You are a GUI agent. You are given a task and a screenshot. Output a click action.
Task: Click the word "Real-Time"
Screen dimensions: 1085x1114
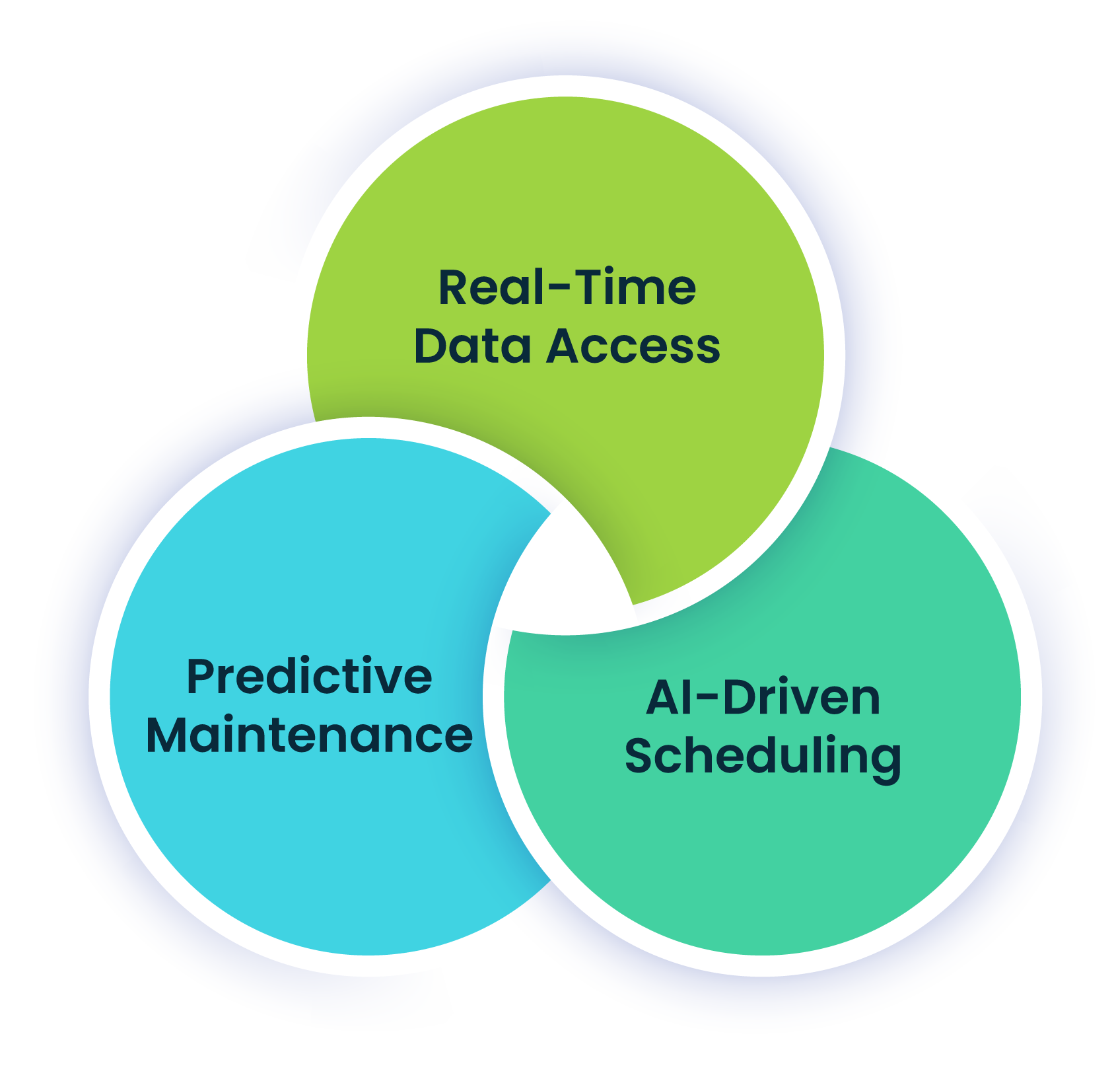pos(567,288)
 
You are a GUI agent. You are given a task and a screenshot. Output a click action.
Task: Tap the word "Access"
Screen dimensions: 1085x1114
pos(633,346)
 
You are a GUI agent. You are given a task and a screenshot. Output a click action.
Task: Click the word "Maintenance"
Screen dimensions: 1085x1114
pos(309,735)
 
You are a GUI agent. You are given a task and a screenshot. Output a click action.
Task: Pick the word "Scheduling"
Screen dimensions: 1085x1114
pos(763,757)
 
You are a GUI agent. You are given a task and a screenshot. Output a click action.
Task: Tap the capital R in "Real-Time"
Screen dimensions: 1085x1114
pos(453,288)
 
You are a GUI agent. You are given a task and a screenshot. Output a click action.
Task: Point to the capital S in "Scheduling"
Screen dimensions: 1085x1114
pos(639,756)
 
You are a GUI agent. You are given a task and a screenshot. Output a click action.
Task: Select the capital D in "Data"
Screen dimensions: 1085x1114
pos(430,346)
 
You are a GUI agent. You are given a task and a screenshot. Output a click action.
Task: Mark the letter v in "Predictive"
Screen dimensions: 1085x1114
pos(392,679)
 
